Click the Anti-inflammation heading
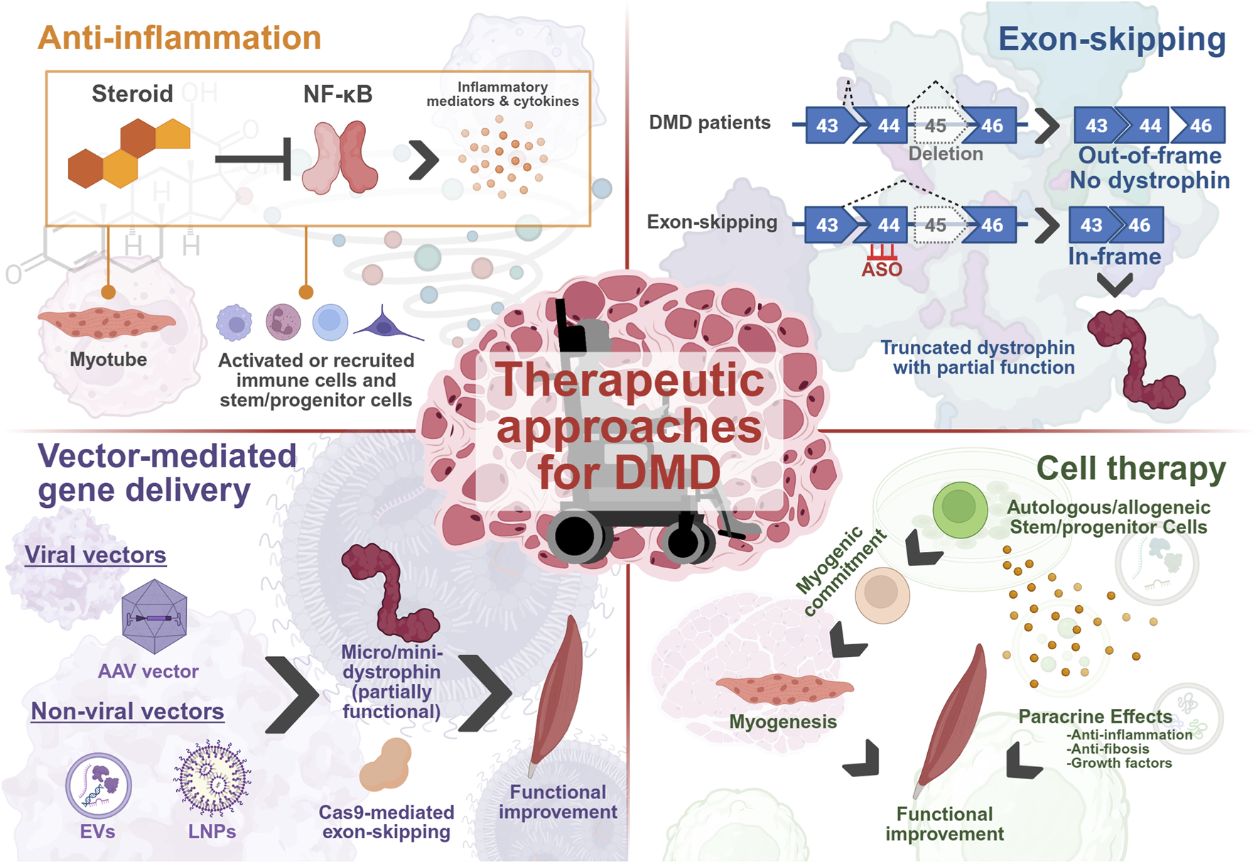(179, 38)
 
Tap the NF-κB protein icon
(340, 158)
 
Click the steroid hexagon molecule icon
(128, 153)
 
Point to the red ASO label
(882, 269)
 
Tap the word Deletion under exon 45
(946, 153)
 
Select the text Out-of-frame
(1150, 156)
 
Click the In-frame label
(1114, 256)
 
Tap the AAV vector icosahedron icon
(154, 617)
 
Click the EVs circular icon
(99, 786)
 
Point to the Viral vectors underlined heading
(95, 555)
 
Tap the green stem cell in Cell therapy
(960, 509)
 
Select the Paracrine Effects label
(1095, 717)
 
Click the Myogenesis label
(783, 722)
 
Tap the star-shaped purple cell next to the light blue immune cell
(386, 324)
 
